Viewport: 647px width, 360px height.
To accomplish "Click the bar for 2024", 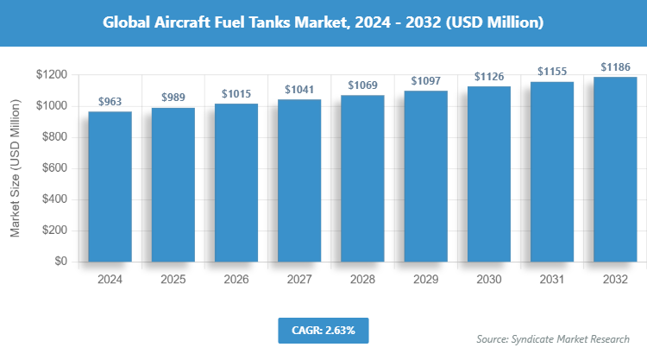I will (x=110, y=186).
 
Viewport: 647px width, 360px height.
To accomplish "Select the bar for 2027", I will (x=298, y=180).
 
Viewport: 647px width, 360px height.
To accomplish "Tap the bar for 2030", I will (x=488, y=174).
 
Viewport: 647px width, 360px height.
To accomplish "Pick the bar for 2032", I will (x=614, y=169).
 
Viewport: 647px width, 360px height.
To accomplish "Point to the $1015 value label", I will (x=236, y=93).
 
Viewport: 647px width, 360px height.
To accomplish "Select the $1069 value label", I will (x=362, y=85).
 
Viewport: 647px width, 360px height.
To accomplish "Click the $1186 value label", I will (x=614, y=66).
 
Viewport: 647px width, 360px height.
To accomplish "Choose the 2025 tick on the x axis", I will (x=173, y=281).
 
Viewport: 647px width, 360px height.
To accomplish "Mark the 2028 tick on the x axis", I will (x=362, y=281).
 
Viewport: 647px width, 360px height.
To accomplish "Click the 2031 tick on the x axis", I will (x=551, y=281).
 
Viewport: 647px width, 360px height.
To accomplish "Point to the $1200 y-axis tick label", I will (x=53, y=75).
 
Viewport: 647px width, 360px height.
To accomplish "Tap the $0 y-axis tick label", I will (x=61, y=262).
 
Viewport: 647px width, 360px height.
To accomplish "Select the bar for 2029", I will (x=425, y=177).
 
